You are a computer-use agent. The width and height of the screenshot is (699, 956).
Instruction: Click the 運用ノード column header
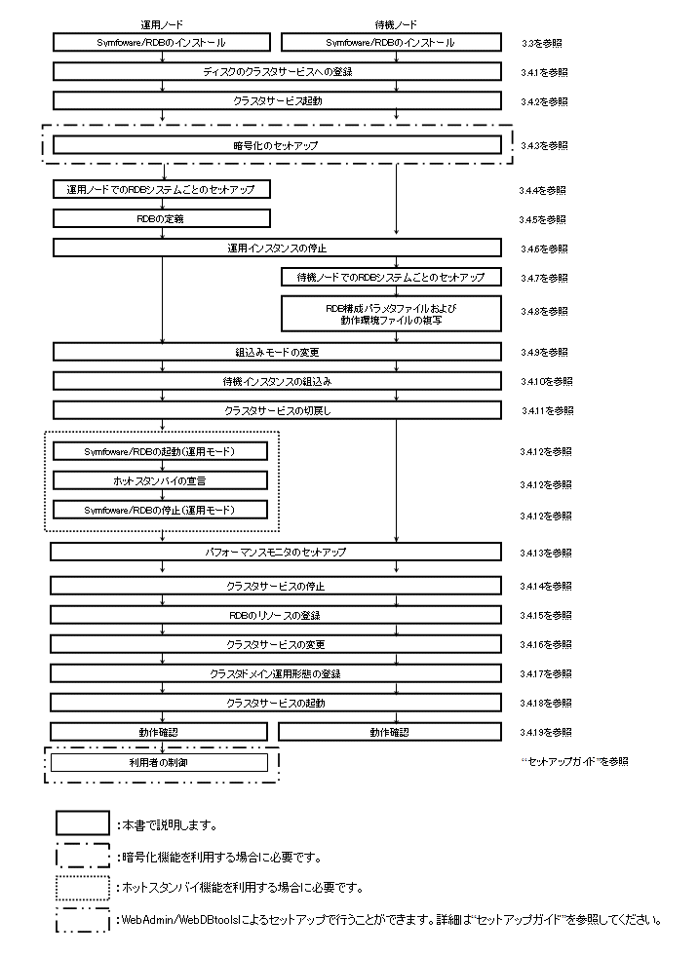tap(161, 24)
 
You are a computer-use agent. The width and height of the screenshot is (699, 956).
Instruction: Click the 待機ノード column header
tap(396, 24)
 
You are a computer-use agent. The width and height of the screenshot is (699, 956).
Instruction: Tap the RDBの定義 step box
tap(161, 219)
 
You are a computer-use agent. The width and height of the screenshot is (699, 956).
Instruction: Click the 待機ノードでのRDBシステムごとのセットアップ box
tap(390, 278)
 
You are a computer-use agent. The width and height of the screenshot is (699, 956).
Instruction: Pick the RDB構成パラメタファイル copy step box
tap(390, 312)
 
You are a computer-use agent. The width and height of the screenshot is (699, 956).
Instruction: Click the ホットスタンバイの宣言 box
tap(161, 480)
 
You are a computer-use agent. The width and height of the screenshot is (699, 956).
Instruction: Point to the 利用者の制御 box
tap(161, 762)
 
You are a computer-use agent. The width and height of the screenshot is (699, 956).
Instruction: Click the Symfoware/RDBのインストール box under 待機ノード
tap(390, 43)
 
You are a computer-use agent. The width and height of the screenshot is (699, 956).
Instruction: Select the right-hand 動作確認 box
tap(390, 732)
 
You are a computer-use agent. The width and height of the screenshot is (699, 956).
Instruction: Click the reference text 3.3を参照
tap(541, 44)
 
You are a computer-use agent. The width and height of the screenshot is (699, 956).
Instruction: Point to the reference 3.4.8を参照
tap(543, 312)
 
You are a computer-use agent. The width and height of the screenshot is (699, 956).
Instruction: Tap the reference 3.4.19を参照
tap(546, 732)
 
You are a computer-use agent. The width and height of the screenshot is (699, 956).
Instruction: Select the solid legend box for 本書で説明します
tap(82, 823)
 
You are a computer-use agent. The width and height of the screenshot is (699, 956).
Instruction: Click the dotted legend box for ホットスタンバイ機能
tap(82, 888)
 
